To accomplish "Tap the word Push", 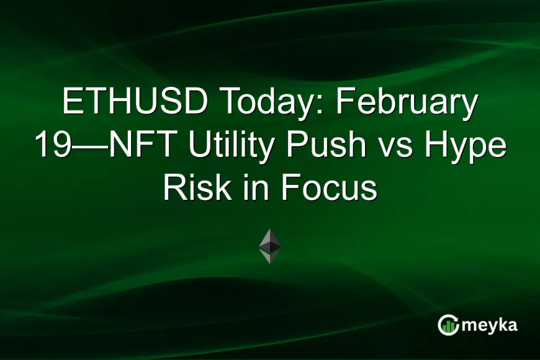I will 332,147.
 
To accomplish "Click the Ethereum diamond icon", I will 269,246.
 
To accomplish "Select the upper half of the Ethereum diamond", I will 269,238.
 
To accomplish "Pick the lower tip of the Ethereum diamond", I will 269,261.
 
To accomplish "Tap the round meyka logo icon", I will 448,325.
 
